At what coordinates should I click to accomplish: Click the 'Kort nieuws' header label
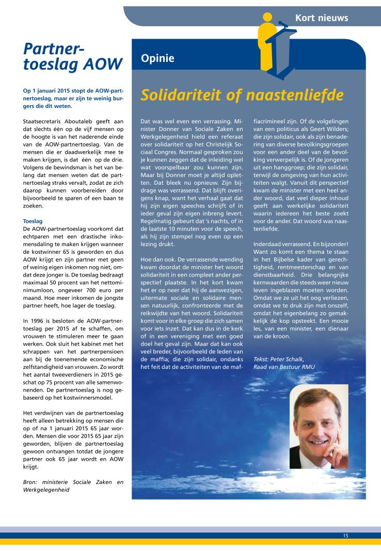coord(321,18)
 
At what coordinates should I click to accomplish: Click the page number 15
coord(345,536)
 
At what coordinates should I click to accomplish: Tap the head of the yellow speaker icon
coord(266,19)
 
